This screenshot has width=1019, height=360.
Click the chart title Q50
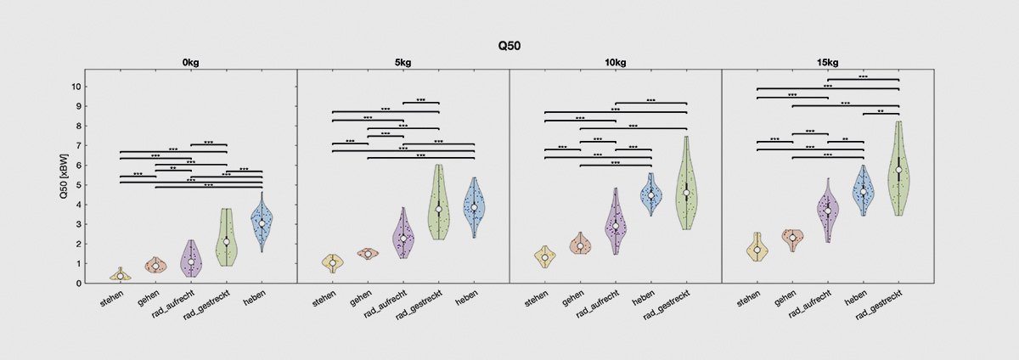509,46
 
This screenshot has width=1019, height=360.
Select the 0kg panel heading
191,62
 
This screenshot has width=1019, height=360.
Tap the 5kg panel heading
403,62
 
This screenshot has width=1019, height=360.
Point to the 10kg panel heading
615,62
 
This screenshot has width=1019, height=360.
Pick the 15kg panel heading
827,62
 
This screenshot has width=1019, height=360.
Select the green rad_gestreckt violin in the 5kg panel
438,204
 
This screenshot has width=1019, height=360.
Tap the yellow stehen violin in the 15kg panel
757,248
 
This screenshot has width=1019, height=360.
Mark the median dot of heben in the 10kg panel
651,195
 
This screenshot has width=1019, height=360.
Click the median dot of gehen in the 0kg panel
155,267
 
